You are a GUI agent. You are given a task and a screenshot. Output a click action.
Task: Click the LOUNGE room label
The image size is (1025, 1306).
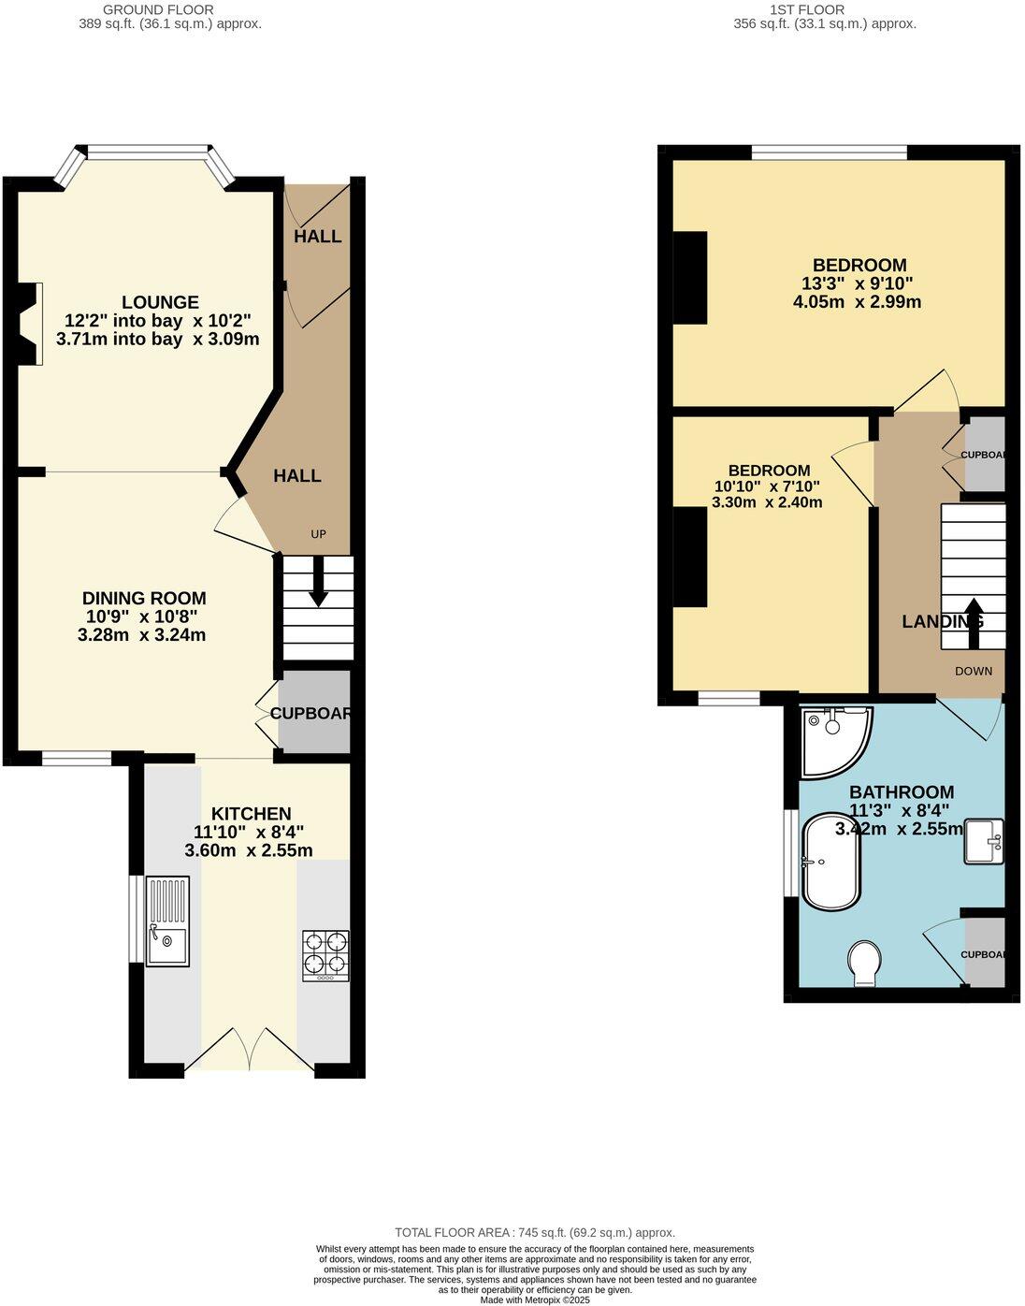point(160,302)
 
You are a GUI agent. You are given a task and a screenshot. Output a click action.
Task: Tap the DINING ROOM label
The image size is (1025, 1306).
point(143,599)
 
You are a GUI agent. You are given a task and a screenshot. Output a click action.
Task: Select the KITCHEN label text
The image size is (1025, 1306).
point(251,814)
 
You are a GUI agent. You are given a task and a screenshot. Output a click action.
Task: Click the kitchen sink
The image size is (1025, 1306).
point(167,921)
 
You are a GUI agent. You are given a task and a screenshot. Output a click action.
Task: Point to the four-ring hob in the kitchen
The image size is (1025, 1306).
point(325,955)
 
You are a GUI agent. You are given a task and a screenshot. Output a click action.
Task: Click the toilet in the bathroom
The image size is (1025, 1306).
point(864,963)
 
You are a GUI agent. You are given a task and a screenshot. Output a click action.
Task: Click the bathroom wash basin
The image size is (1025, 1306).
point(983,840)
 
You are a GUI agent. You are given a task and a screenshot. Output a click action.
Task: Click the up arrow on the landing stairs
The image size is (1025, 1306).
point(973,622)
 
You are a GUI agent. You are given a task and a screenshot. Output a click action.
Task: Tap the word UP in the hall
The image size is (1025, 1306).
point(318,534)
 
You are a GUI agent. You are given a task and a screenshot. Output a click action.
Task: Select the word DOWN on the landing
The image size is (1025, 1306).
point(974,671)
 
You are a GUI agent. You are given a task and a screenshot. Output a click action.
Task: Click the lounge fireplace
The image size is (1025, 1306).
point(31,323)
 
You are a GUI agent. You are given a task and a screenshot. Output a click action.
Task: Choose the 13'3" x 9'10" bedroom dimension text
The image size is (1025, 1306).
point(857,283)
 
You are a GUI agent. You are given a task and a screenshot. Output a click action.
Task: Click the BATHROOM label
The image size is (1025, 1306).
point(901,792)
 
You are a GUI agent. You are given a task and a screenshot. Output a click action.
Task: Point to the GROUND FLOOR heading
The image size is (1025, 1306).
point(145,9)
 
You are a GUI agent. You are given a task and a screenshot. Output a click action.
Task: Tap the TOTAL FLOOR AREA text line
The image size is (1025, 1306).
point(534,1232)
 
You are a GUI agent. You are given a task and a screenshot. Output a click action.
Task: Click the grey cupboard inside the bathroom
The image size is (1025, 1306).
point(985,952)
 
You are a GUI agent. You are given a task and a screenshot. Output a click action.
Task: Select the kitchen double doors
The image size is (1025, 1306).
point(251,1049)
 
